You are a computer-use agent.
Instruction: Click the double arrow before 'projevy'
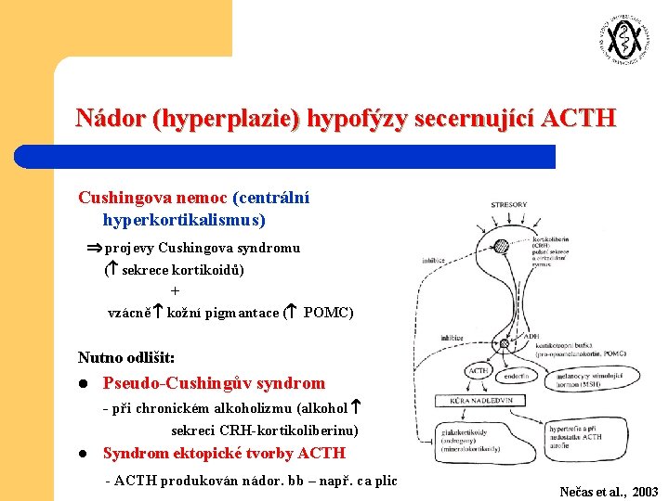93,248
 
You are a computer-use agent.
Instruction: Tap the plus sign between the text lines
176,291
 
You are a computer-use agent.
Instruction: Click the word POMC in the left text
328,313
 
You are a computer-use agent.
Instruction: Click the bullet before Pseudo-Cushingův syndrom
83,383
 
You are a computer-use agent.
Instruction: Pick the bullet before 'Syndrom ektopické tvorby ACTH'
83,454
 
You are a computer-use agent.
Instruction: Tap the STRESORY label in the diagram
508,204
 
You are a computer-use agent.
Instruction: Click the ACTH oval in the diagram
479,370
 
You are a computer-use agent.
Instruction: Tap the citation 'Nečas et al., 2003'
609,492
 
